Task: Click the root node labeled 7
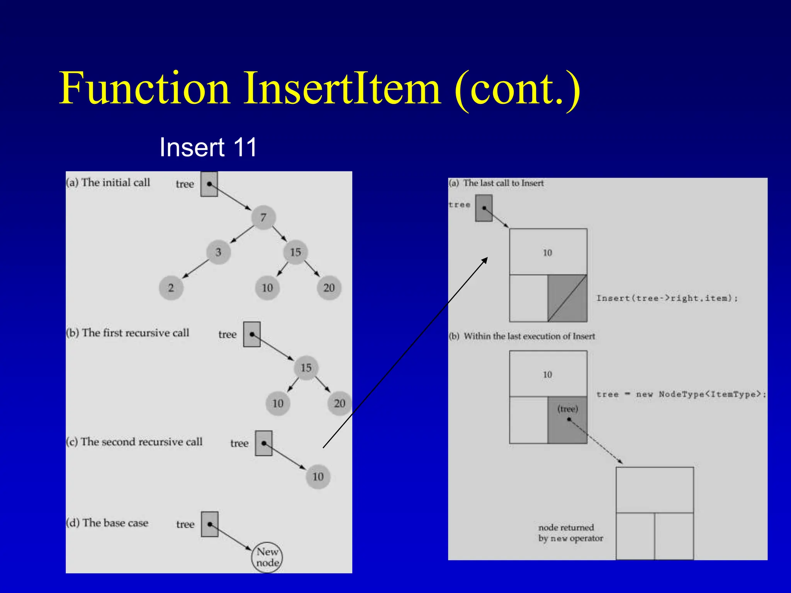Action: tap(263, 217)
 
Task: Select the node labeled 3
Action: tap(218, 252)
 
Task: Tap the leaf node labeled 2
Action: tap(171, 288)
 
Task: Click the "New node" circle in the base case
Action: tap(267, 557)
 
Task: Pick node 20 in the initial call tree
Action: tap(329, 288)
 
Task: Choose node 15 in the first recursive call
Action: tap(306, 368)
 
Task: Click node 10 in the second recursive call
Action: tap(318, 476)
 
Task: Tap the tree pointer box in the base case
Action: tap(209, 524)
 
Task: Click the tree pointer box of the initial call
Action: tap(209, 184)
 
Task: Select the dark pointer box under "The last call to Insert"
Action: tap(484, 208)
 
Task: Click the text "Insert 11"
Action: tap(208, 147)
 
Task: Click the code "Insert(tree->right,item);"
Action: tap(667, 298)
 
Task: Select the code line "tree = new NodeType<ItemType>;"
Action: tap(681, 394)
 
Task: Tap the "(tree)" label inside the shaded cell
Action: tap(567, 409)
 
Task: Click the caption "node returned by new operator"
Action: tap(570, 533)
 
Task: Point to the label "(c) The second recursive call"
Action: tap(134, 442)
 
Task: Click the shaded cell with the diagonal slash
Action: tap(567, 298)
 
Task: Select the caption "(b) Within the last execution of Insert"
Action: tap(522, 336)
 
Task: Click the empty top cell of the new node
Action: tap(655, 490)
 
